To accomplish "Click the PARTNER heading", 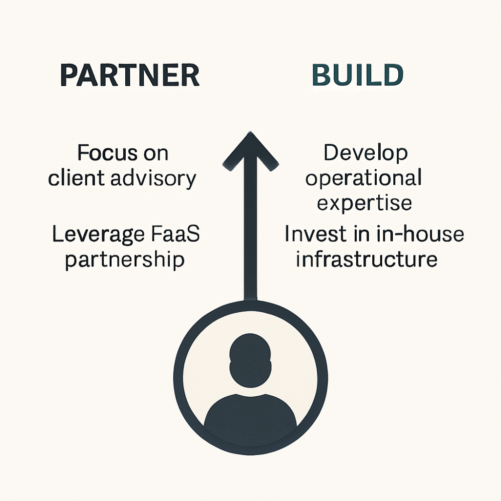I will [129, 76].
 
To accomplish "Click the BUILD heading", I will [357, 76].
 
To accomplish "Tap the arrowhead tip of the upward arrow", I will [250, 134].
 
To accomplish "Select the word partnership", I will [124, 260].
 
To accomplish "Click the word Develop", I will [365, 153].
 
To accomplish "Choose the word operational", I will [363, 179].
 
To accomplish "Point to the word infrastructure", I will [366, 260].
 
